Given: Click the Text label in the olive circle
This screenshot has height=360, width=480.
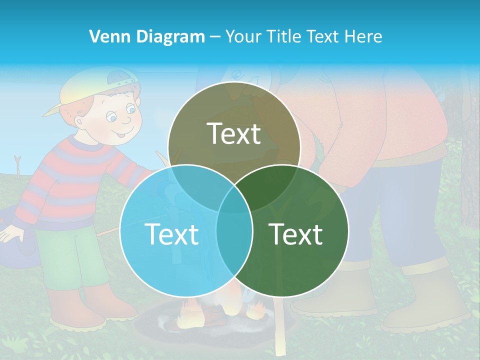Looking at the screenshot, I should click(234, 134).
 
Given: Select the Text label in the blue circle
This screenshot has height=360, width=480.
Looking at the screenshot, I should click(171, 234).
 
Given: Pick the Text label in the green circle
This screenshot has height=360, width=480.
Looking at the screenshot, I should click(296, 234).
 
